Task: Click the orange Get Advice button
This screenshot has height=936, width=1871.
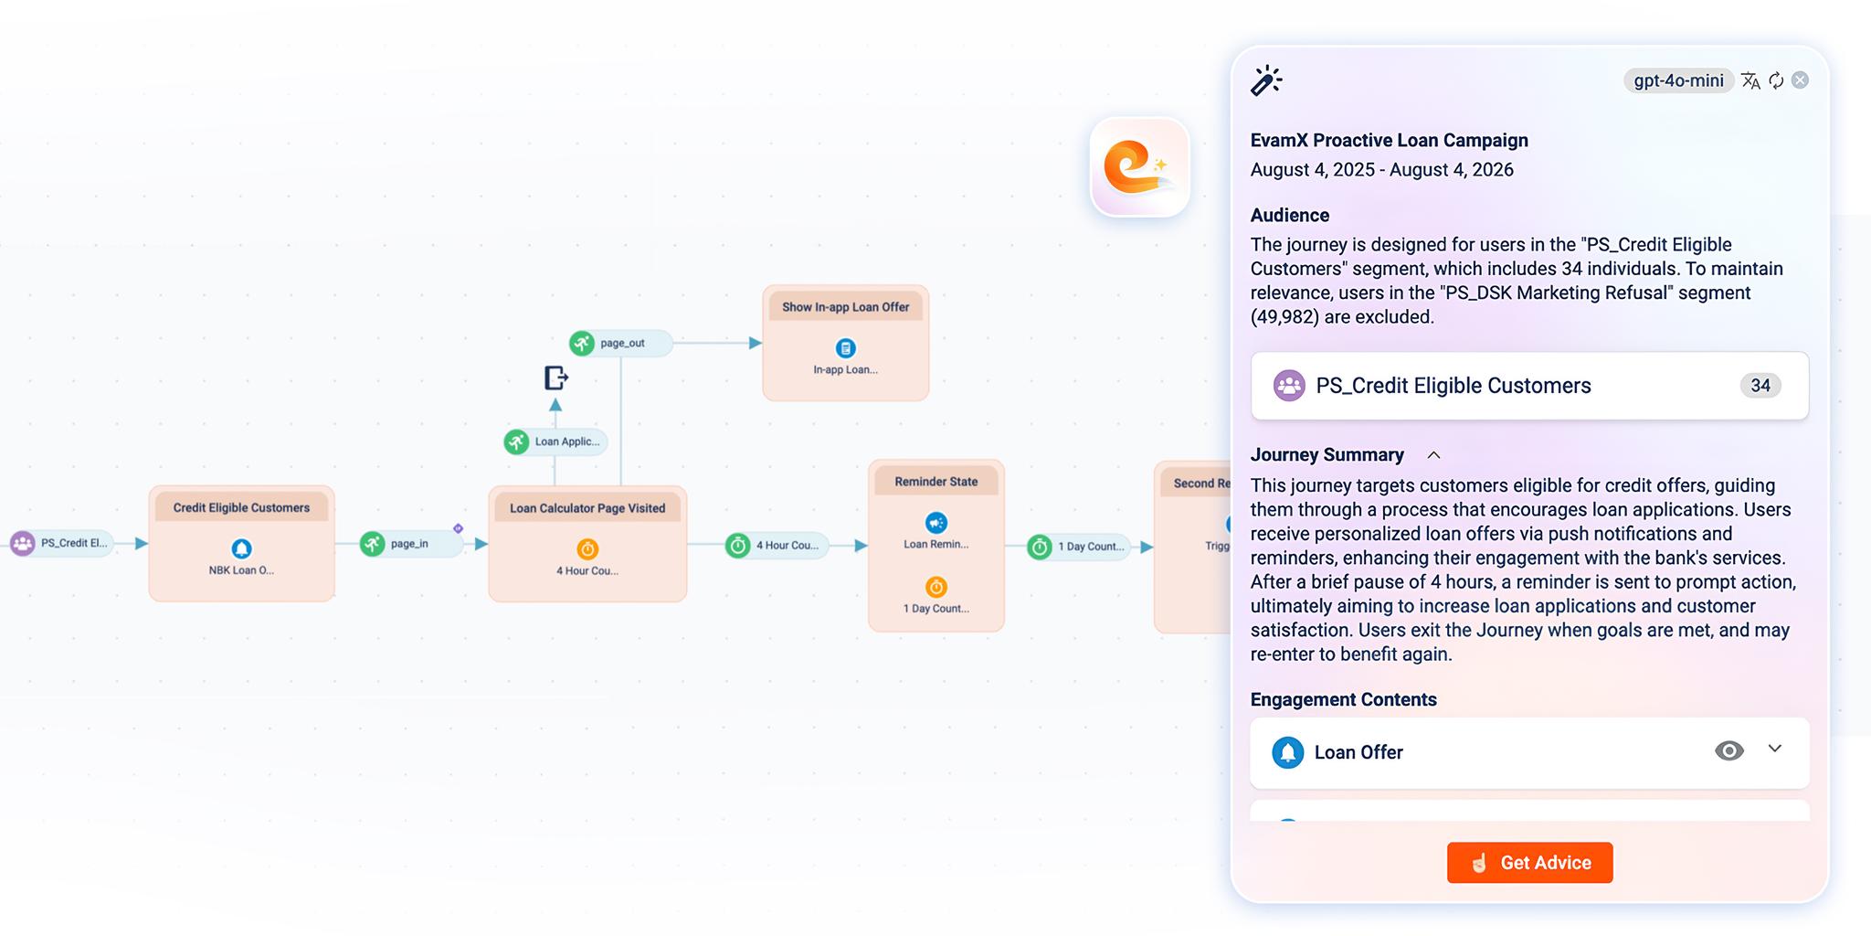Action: click(x=1529, y=862)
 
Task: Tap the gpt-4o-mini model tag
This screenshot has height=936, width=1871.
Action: click(x=1678, y=80)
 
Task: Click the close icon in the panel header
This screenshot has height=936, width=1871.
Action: click(x=1800, y=80)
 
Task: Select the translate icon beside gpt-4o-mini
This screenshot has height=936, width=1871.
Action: click(x=1750, y=80)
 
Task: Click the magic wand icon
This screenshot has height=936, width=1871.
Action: click(x=1266, y=80)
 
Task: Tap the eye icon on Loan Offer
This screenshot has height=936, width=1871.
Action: click(x=1728, y=750)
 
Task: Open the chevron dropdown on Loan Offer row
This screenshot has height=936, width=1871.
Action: click(x=1774, y=749)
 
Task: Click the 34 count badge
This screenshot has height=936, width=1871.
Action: click(x=1760, y=386)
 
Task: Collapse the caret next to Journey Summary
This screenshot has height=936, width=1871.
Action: click(x=1433, y=455)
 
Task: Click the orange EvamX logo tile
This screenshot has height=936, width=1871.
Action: click(x=1139, y=167)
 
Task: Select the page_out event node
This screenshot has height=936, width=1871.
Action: click(x=620, y=344)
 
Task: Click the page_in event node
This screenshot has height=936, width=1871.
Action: click(x=409, y=544)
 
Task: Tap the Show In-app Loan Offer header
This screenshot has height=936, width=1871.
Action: click(x=845, y=307)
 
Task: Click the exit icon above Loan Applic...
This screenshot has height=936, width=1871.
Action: click(x=555, y=378)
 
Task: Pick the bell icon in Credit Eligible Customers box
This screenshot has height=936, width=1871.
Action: click(x=241, y=548)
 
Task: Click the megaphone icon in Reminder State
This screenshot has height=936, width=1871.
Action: click(x=935, y=523)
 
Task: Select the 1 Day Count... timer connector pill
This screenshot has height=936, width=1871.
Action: click(x=1079, y=547)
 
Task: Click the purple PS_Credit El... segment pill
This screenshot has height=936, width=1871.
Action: click(x=62, y=543)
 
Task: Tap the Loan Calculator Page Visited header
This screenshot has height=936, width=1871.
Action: click(x=587, y=508)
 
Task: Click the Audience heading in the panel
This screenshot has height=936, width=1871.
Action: click(x=1289, y=216)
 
